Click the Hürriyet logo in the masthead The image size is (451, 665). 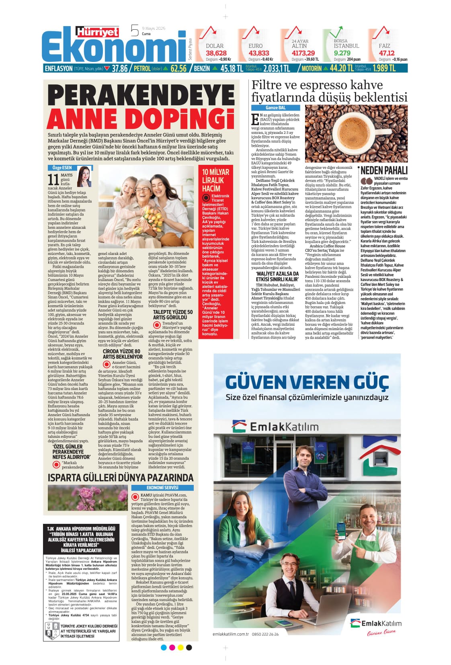98,32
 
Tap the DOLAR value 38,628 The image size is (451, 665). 216,53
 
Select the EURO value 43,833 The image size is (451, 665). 258,53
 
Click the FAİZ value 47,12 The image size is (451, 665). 386,53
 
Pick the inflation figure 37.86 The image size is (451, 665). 120,68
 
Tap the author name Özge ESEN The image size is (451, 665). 62,168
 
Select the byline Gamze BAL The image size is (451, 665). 275,108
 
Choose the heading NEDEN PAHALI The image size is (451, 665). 384,170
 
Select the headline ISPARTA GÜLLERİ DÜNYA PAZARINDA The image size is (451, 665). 121,478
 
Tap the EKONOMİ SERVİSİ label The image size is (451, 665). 162,488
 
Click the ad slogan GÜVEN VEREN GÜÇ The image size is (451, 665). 307,381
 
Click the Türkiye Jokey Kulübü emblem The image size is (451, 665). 51,631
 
